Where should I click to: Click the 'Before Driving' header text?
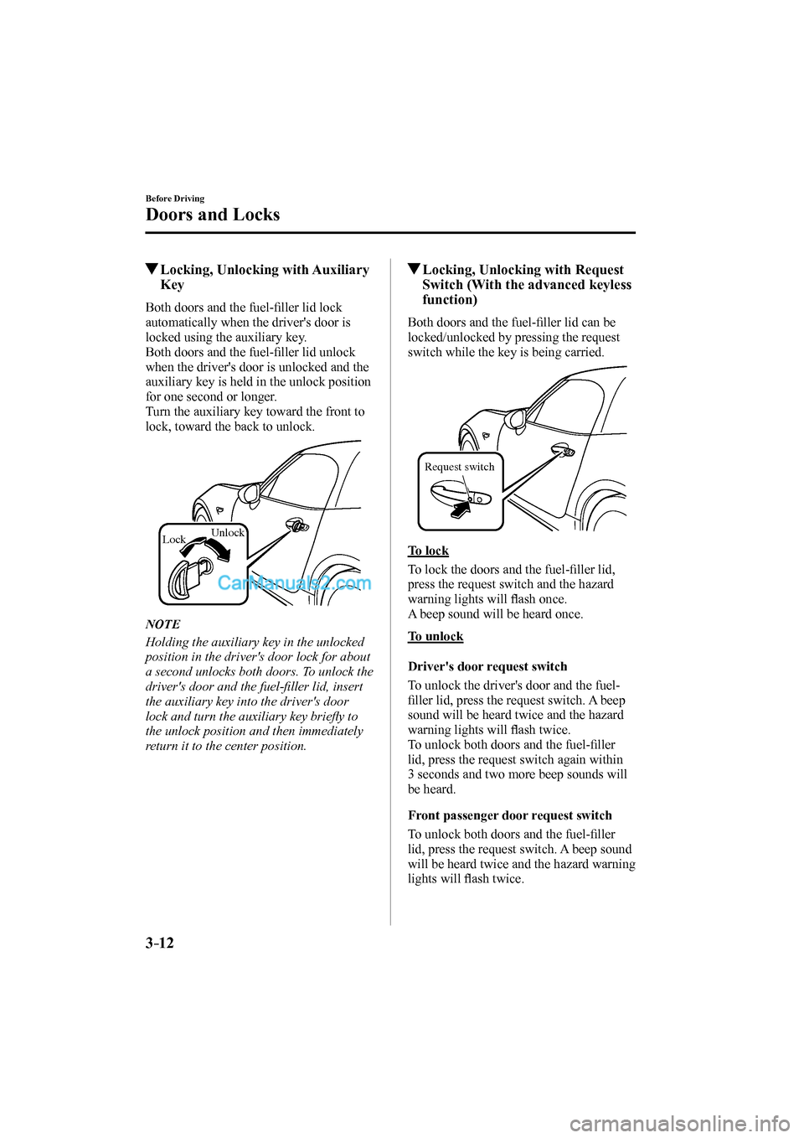click(x=175, y=199)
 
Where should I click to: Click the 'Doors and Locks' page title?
click(x=213, y=215)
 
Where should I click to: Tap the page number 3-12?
click(x=160, y=943)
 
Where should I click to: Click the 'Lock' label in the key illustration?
click(x=173, y=540)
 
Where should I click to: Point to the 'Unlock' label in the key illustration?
click(x=227, y=533)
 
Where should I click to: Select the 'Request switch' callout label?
click(x=459, y=467)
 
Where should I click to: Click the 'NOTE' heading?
click(x=162, y=624)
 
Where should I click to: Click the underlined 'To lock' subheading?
click(x=428, y=551)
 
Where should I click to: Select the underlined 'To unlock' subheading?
click(x=435, y=636)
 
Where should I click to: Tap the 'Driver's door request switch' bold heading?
click(x=487, y=666)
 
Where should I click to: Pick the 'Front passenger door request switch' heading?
click(x=509, y=815)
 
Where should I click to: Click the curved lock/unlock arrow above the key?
click(x=210, y=549)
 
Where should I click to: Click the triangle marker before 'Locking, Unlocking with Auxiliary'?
click(x=152, y=270)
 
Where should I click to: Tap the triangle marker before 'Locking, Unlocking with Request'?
click(x=414, y=270)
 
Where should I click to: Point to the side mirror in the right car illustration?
click(x=517, y=417)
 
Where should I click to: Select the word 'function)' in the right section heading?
click(x=450, y=300)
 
